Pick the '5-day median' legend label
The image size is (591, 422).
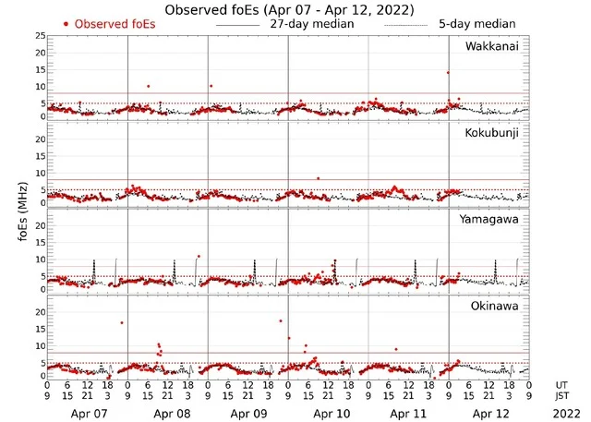[477, 23]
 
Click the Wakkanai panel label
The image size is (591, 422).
[492, 46]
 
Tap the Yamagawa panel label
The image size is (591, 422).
[492, 219]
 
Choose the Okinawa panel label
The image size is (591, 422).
[496, 303]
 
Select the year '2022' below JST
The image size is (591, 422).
[562, 415]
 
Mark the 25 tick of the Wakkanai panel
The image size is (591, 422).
[40, 36]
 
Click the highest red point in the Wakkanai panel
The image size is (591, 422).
[448, 72]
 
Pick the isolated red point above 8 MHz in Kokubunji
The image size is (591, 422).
[318, 178]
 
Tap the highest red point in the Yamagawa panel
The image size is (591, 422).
[198, 257]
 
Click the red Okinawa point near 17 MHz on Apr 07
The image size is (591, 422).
[121, 322]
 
